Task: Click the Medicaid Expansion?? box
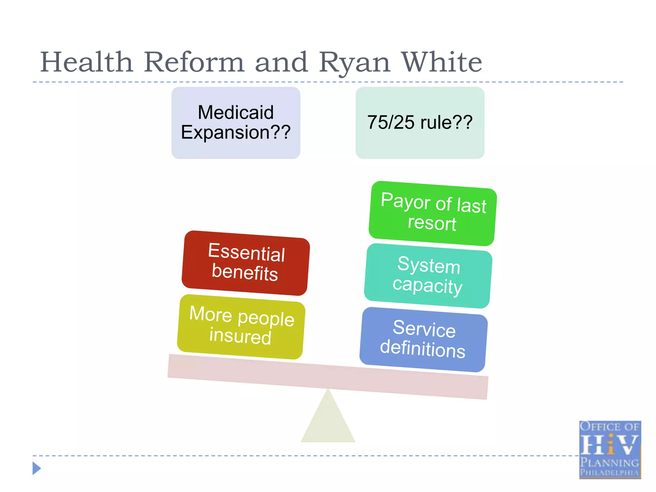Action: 236,123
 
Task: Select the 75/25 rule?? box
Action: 420,123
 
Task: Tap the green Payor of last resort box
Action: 432,213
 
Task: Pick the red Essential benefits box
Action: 246,263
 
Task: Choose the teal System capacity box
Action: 428,275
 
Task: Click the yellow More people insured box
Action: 241,326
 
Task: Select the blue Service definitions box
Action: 423,339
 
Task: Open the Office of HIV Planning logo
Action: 610,449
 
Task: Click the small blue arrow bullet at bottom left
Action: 37,468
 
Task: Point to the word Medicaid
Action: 236,112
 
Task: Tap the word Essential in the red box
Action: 246,252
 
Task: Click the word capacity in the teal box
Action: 428,285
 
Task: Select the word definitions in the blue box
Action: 422,348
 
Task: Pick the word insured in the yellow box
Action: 240,336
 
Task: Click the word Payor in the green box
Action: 405,201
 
